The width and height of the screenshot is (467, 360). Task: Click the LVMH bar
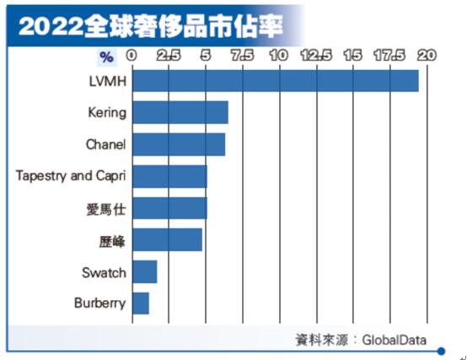click(276, 81)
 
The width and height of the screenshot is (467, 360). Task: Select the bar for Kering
click(180, 113)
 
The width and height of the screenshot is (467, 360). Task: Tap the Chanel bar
click(179, 144)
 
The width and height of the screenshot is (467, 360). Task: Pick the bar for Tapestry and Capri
click(169, 176)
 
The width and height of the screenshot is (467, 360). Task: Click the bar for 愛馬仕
click(169, 207)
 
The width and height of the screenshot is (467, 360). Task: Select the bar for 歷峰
click(167, 239)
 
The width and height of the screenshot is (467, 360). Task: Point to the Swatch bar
click(145, 271)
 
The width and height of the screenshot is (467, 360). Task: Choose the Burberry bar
click(141, 303)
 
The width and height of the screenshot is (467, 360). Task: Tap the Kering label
click(107, 113)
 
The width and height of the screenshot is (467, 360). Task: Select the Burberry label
click(100, 304)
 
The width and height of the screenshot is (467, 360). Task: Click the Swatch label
click(104, 272)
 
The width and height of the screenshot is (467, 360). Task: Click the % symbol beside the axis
click(106, 57)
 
